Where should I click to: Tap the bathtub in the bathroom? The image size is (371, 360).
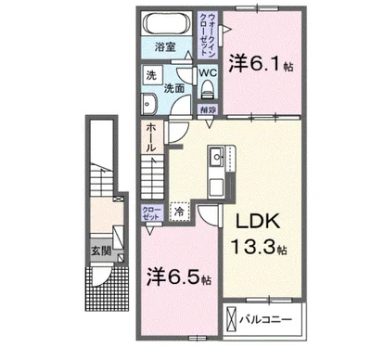click(x=167, y=23)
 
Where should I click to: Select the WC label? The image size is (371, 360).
click(x=209, y=71)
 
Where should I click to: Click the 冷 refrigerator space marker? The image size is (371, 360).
click(x=179, y=212)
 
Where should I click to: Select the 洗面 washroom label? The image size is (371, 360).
click(x=173, y=88)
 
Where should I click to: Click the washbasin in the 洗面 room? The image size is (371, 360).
click(x=149, y=102)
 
